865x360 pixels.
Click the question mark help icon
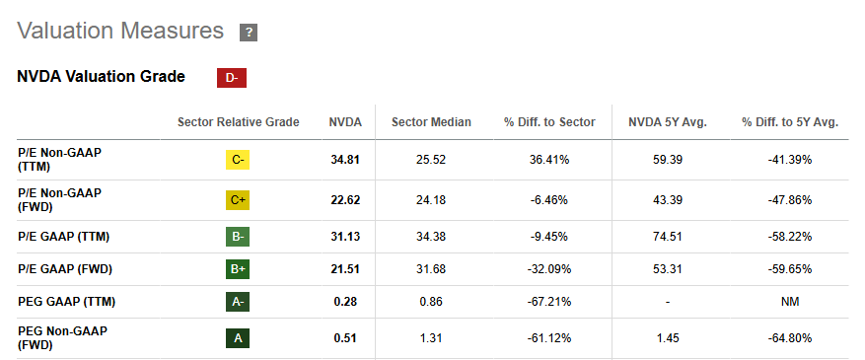pos(249,33)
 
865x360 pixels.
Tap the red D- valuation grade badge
pos(232,78)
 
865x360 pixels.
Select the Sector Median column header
pos(431,122)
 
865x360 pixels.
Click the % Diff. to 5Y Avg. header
pos(790,122)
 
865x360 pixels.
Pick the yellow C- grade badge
pos(238,160)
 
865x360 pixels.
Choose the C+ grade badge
pos(238,200)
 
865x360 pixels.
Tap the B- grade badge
pos(238,237)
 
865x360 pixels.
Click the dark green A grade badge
pos(238,338)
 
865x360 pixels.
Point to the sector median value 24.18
pos(431,200)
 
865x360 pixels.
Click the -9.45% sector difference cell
pos(549,237)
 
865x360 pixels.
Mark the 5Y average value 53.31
pos(668,269)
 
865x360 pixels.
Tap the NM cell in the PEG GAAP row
pos(790,302)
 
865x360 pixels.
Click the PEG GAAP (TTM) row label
pos(66,302)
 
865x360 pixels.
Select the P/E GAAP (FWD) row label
pos(65,269)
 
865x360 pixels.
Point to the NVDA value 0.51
pos(345,338)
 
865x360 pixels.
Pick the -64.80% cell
pos(790,338)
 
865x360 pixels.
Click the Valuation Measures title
pos(120,31)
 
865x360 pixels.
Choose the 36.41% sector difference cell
pos(549,160)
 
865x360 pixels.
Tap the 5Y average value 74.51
pos(668,237)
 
